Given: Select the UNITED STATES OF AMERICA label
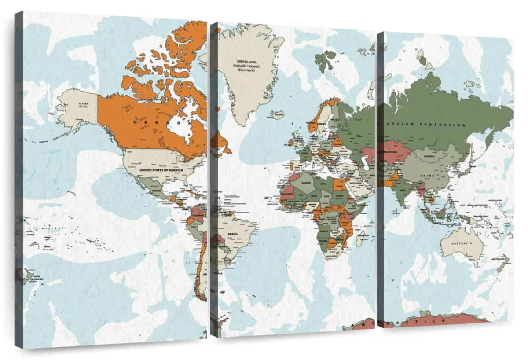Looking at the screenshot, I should pos(161,169).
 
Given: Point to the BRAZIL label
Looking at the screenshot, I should pos(232,234).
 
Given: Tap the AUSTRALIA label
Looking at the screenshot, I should pos(463,243).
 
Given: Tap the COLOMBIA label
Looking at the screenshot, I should pos(195,216).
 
